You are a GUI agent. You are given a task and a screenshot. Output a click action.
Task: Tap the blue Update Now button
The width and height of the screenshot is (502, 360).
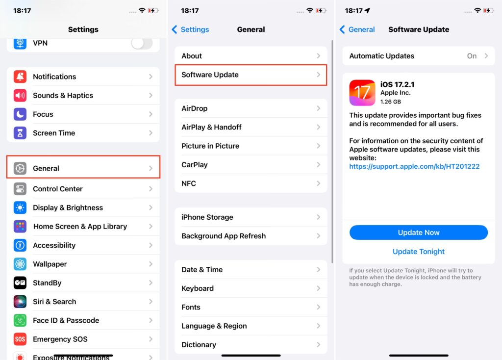tap(419, 232)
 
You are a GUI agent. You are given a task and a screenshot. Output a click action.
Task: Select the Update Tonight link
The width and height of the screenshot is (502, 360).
tap(419, 252)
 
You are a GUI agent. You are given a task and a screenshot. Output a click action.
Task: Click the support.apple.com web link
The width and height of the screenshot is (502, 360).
tap(414, 167)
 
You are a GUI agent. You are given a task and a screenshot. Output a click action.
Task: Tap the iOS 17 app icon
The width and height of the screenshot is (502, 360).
tap(362, 93)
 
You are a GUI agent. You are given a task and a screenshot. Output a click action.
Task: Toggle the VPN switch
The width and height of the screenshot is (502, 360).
tap(142, 43)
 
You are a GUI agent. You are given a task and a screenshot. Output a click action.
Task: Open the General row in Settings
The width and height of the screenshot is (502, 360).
tap(83, 168)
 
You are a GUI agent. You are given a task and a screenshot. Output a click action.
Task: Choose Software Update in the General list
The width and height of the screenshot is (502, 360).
tap(251, 75)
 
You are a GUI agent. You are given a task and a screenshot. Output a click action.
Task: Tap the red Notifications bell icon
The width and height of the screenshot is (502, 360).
tap(20, 77)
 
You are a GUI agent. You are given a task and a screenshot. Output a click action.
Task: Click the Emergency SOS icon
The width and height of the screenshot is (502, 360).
tap(20, 339)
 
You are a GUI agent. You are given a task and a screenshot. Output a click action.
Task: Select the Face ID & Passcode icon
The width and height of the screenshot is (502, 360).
tap(20, 320)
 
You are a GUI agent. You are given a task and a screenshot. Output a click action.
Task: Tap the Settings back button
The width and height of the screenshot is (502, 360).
tap(190, 29)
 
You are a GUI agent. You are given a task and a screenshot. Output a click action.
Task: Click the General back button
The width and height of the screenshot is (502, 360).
tap(357, 29)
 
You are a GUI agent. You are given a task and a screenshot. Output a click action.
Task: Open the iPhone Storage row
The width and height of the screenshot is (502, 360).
tap(251, 217)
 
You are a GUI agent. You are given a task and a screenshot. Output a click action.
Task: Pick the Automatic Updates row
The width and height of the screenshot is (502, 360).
tap(419, 56)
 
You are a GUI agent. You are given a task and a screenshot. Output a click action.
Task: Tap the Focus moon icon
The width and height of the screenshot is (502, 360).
tap(20, 114)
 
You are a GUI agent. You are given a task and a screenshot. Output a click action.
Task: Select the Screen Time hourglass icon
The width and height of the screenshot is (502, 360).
tap(20, 133)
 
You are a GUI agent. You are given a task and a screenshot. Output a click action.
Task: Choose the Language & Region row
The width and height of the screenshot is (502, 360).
tap(251, 326)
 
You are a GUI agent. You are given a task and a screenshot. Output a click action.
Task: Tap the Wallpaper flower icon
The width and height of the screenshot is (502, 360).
tap(20, 264)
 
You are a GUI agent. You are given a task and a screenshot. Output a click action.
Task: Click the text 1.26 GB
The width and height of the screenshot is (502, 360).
tap(391, 102)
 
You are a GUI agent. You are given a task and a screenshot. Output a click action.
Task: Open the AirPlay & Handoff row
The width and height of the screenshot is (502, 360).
tap(251, 127)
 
